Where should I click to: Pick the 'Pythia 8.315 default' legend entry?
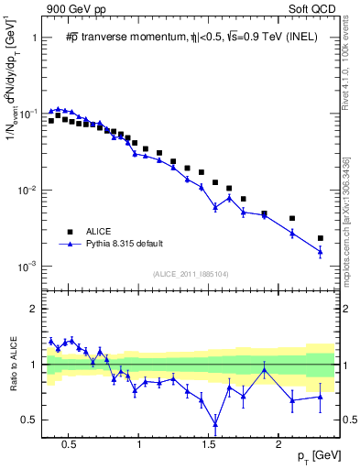[114, 244]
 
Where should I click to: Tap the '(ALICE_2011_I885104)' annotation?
[190, 273]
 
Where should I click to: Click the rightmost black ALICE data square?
[321, 238]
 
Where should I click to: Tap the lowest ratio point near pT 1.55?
[215, 423]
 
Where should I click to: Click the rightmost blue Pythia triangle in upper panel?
[321, 251]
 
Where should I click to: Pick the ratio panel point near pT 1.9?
[265, 368]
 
